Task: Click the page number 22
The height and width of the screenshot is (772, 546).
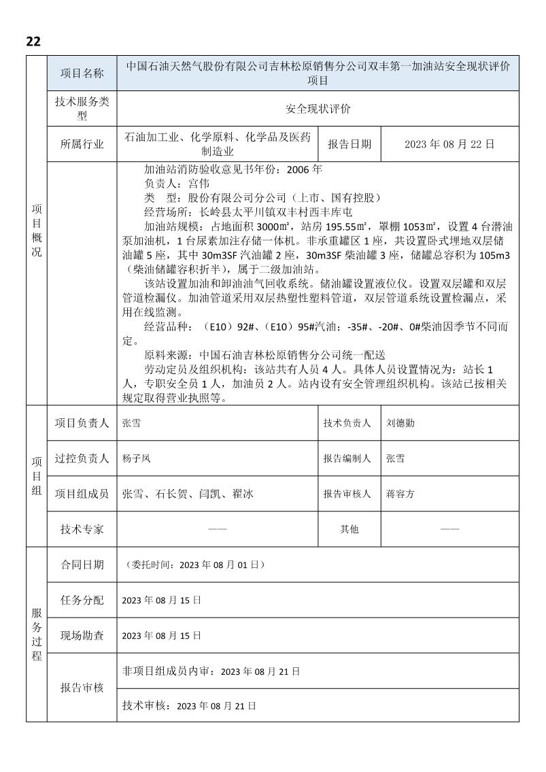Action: click(x=33, y=41)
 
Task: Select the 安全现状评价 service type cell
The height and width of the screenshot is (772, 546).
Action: click(x=318, y=108)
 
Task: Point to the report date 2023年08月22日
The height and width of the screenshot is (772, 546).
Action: click(x=449, y=144)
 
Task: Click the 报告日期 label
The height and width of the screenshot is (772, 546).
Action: click(x=349, y=144)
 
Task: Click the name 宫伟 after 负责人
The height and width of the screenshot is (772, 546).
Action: click(x=200, y=184)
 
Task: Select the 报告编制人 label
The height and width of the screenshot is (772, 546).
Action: click(x=347, y=458)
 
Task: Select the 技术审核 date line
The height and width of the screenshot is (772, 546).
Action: click(x=189, y=707)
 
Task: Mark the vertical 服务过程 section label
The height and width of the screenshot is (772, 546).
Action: click(x=37, y=633)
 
